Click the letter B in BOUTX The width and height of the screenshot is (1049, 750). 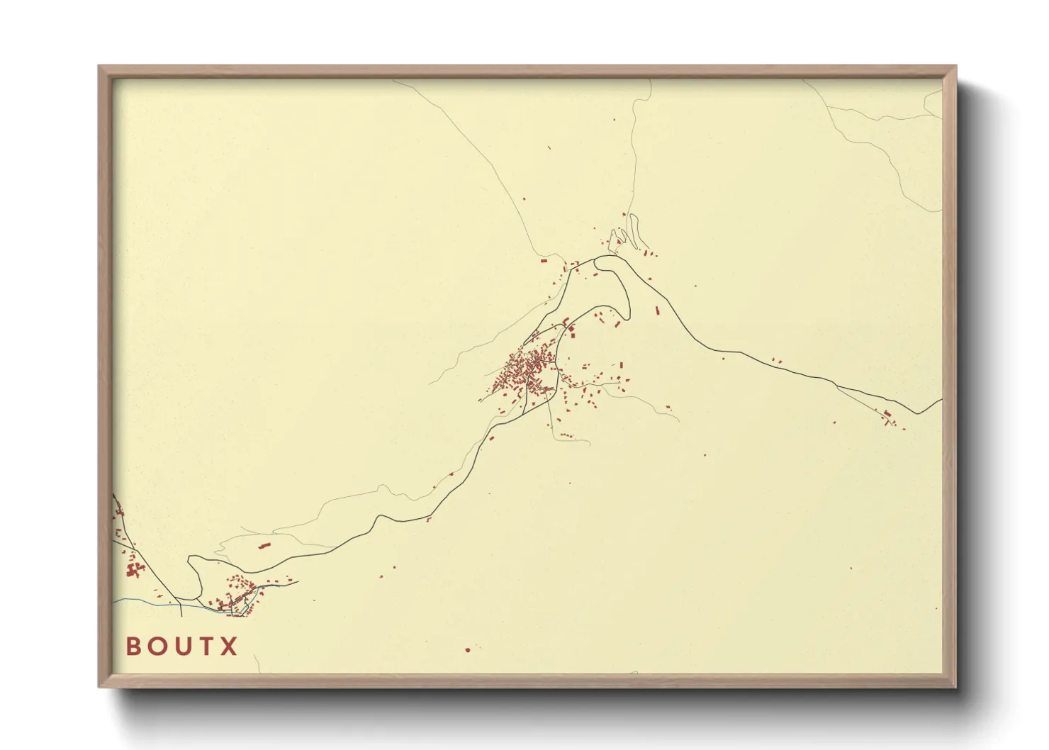click(x=133, y=646)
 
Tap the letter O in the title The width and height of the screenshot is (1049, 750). click(x=157, y=646)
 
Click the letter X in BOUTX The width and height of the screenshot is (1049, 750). click(x=228, y=646)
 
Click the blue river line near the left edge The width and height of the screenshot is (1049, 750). click(x=142, y=601)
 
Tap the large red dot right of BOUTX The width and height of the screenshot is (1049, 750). click(x=467, y=649)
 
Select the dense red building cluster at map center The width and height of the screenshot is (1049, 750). click(x=528, y=372)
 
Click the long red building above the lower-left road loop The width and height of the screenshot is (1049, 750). click(x=265, y=545)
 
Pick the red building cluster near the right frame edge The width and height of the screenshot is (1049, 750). click(x=889, y=417)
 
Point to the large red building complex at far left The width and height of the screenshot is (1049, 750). click(x=133, y=569)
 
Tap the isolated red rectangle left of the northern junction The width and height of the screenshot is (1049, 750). click(x=544, y=261)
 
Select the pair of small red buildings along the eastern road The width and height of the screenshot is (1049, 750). click(x=776, y=361)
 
